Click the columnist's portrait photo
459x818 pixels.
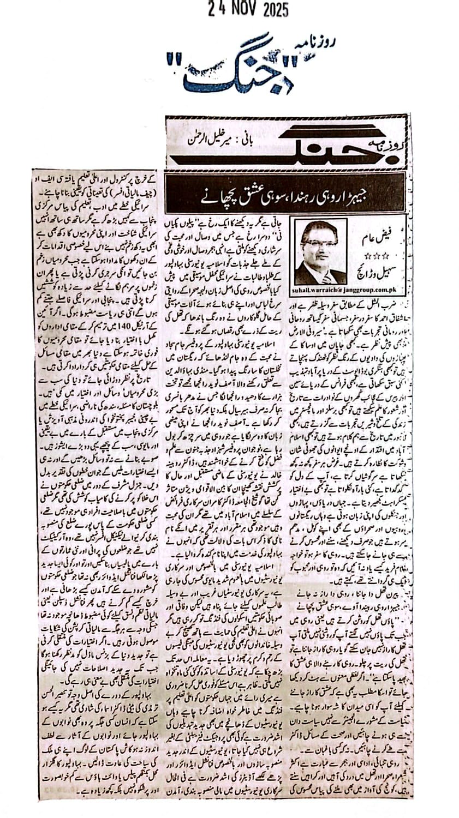pyautogui.click(x=320, y=243)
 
